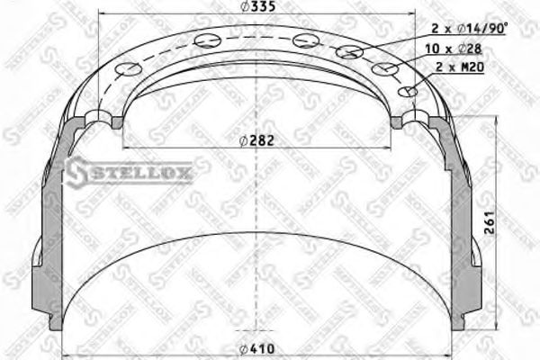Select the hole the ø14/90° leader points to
coord(350,52)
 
